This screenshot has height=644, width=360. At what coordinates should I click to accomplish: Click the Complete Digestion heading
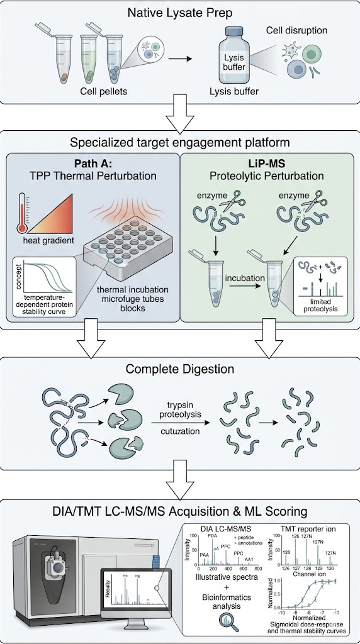tap(179, 369)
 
